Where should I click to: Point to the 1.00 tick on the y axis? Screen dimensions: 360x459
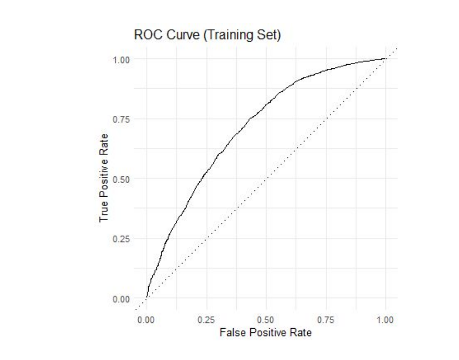(122, 59)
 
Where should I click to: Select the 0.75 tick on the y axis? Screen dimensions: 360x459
(122, 119)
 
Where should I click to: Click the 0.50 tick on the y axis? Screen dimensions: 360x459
(122, 179)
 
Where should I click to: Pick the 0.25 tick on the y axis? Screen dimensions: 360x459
(122, 239)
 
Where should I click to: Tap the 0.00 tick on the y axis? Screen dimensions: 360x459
(122, 299)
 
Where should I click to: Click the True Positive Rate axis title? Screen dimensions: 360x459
(104, 179)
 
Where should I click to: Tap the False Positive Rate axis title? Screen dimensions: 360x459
(265, 332)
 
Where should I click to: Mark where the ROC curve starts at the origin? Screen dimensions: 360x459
(147, 298)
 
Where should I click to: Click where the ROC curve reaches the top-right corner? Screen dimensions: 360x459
(385, 59)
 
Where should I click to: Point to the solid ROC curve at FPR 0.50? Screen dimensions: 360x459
(266, 104)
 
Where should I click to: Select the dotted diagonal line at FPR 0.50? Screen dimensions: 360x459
(266, 179)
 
